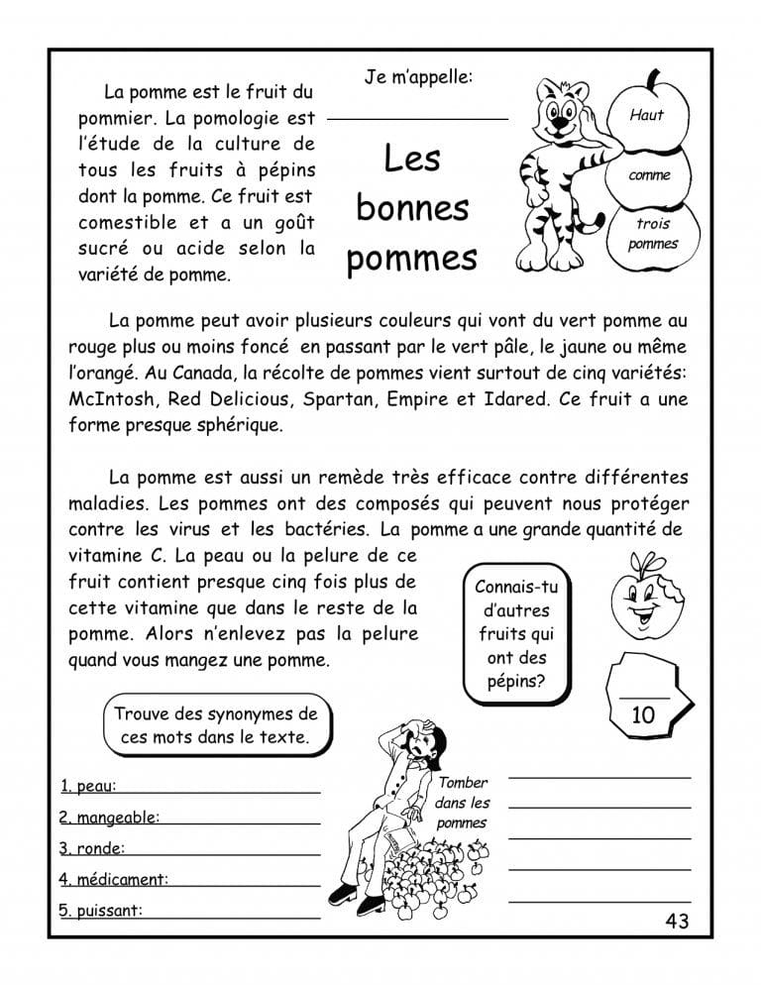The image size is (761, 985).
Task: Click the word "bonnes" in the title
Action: click(x=411, y=209)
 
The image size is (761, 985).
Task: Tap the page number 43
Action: click(x=677, y=922)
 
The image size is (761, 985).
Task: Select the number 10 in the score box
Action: click(x=643, y=714)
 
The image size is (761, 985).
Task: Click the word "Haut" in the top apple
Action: click(x=647, y=115)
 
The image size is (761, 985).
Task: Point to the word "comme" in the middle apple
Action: click(x=649, y=175)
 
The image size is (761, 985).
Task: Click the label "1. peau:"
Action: click(x=88, y=787)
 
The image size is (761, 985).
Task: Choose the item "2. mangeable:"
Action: click(x=109, y=819)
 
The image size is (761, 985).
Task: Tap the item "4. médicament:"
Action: click(x=113, y=879)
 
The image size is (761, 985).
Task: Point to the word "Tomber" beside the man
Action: click(x=463, y=783)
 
